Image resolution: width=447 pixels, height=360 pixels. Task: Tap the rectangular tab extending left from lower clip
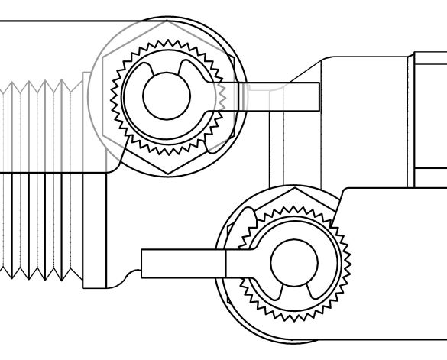pos(183,261)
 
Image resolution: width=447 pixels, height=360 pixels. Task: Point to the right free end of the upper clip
pos(183,70)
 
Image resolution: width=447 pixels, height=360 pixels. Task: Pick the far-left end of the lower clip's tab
pos(143,261)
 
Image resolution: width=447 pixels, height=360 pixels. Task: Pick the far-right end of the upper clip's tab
pos(317,96)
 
